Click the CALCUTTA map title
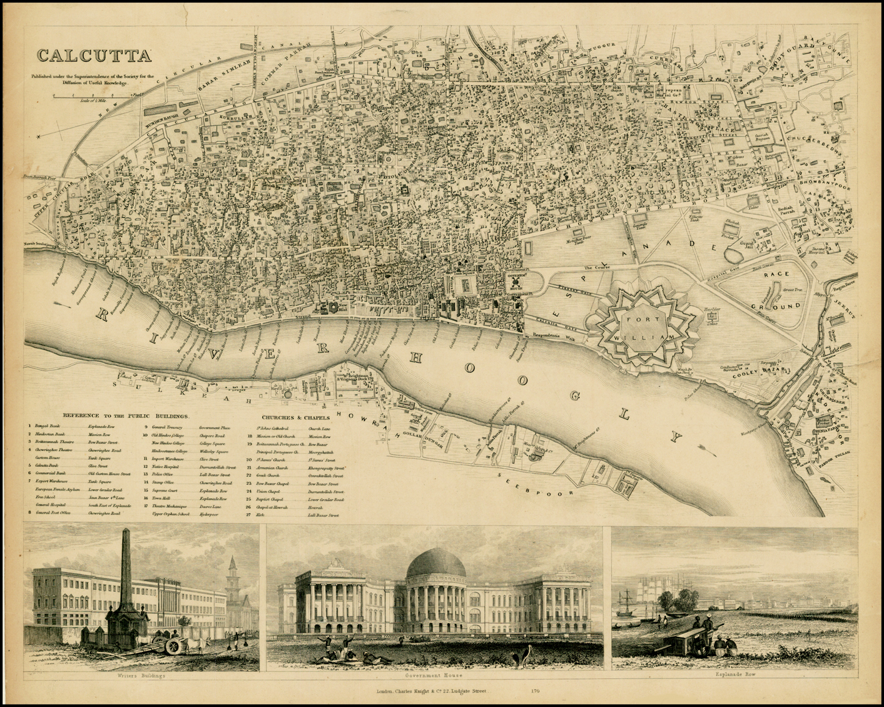click(94, 56)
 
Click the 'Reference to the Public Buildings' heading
click(129, 415)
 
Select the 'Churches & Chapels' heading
click(296, 417)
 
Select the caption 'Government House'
click(434, 676)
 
